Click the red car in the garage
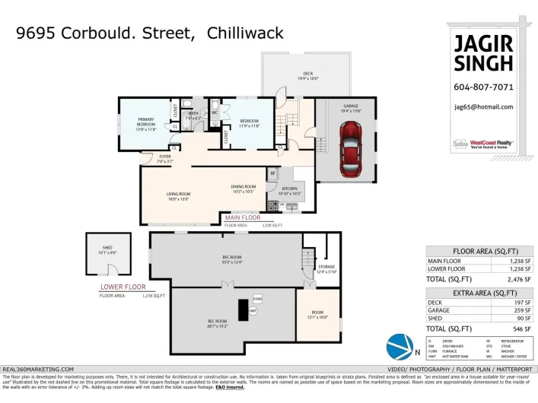click(349, 146)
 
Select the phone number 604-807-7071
click(483, 87)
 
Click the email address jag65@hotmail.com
click(483, 107)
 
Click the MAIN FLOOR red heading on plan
click(243, 217)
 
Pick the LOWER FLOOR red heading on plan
click(123, 287)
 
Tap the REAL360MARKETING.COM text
click(39, 368)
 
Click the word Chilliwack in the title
click(245, 33)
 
